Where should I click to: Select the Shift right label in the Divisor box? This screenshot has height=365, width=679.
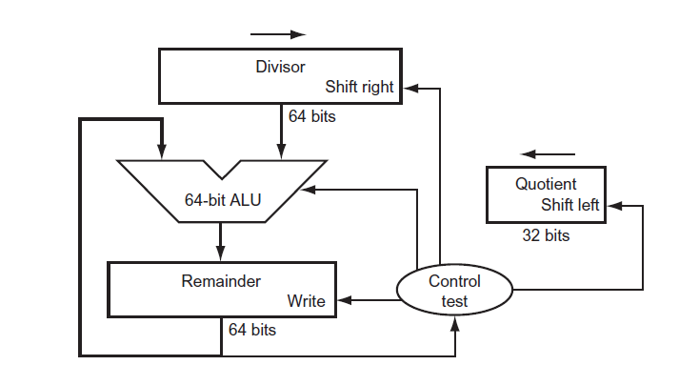click(x=359, y=87)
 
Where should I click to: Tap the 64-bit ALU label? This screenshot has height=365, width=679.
click(x=221, y=200)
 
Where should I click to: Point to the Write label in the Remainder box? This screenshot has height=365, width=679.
click(x=306, y=301)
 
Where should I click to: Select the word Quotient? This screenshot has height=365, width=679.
click(x=546, y=184)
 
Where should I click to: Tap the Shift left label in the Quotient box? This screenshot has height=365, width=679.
click(x=570, y=205)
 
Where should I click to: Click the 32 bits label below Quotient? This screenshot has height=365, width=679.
click(x=546, y=234)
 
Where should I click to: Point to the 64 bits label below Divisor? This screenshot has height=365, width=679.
click(x=312, y=117)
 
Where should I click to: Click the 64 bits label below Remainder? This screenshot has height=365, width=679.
click(x=251, y=330)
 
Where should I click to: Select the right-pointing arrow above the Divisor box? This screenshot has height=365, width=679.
click(x=278, y=33)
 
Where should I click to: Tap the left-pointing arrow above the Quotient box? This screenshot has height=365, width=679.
click(x=548, y=153)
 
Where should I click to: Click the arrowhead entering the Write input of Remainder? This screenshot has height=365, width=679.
click(x=345, y=300)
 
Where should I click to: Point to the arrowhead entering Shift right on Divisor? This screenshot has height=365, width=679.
click(x=409, y=87)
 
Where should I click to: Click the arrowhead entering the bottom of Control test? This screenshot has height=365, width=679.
click(x=455, y=324)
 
